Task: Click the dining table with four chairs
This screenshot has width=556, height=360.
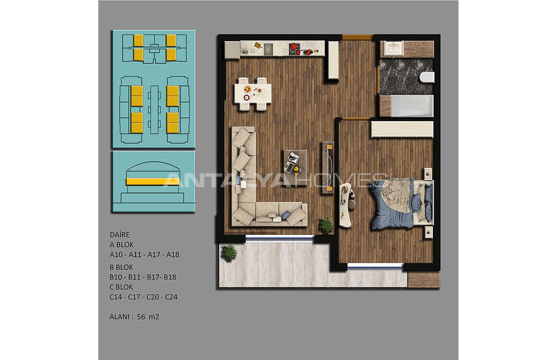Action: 252,93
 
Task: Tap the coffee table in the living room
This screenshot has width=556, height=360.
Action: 294,159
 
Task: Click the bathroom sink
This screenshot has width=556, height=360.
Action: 394,48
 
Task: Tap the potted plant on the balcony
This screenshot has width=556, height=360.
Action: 229,252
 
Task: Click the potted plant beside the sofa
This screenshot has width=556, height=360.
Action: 326,225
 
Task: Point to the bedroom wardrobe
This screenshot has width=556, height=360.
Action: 401,128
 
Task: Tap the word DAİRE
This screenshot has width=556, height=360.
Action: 120,234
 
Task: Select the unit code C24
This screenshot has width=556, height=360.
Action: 171,297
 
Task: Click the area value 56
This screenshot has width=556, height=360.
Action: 141,317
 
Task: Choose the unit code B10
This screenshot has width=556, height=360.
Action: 116,277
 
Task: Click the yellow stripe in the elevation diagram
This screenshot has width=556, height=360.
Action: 152,181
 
